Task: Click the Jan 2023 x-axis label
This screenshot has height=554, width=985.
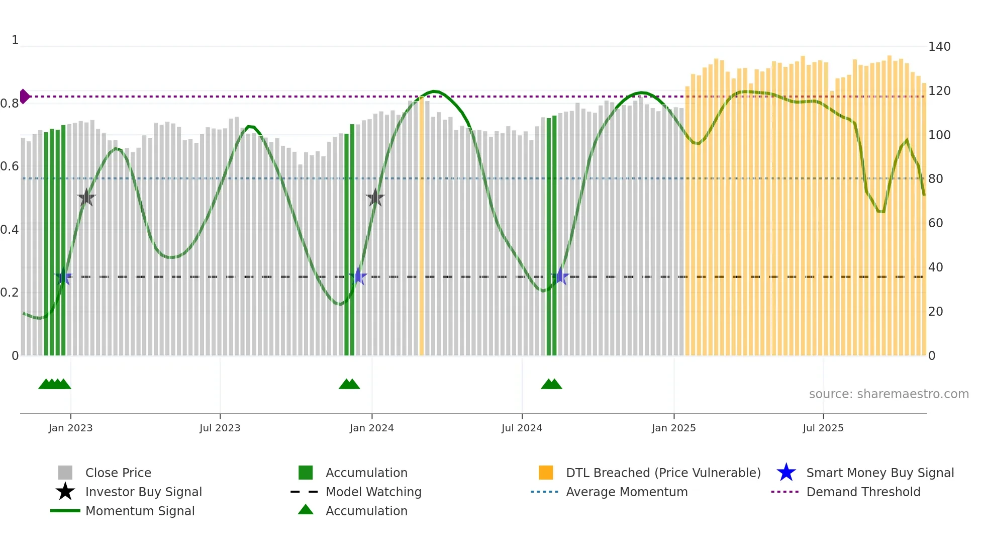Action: [x=70, y=428]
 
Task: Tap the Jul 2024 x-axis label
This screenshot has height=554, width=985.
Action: [x=522, y=428]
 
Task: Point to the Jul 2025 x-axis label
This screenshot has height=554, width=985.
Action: [x=823, y=428]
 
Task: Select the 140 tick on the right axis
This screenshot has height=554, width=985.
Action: [x=939, y=47]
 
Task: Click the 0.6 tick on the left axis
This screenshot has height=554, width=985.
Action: [x=10, y=166]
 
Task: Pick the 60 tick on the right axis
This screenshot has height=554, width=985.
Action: [x=935, y=223]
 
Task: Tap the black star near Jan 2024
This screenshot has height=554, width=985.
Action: [x=375, y=198]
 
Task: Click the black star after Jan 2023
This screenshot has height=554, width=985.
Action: [x=86, y=198]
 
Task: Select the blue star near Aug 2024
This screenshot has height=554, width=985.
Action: [x=560, y=276]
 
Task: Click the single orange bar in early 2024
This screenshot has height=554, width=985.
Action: [x=421, y=226]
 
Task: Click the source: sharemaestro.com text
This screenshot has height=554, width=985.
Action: [x=889, y=394]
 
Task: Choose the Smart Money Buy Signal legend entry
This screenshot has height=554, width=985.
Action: [x=879, y=473]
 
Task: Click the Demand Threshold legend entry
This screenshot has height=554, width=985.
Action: [x=863, y=492]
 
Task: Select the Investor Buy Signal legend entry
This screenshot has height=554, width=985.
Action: [x=143, y=492]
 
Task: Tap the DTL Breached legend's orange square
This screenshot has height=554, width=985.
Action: [x=546, y=473]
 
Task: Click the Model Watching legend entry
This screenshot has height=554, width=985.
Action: [x=373, y=492]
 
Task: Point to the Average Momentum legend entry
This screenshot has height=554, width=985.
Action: [x=626, y=492]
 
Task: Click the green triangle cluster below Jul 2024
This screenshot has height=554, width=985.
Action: [x=551, y=384]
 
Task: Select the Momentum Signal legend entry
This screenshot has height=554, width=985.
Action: [x=140, y=511]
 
